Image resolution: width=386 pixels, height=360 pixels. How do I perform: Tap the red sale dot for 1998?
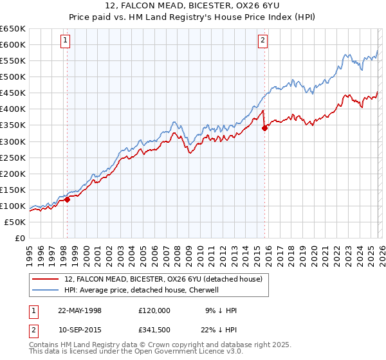[67, 199]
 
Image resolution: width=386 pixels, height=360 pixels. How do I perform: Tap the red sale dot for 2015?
[264, 128]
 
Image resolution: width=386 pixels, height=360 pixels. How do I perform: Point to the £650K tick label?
[13, 29]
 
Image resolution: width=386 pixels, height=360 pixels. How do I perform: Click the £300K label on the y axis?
[13, 141]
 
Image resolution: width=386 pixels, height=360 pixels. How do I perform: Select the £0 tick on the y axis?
[20, 238]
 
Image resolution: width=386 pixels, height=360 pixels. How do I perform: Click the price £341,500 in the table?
[154, 330]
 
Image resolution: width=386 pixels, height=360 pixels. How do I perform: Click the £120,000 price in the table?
[154, 310]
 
